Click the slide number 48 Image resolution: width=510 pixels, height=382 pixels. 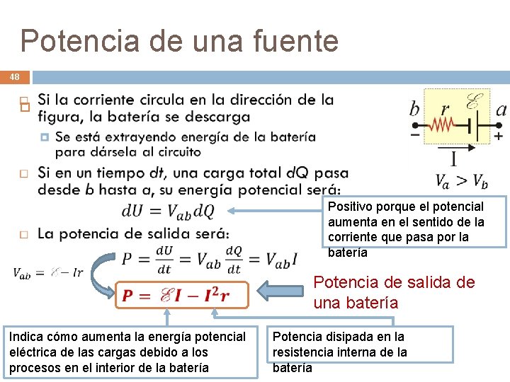pyautogui.click(x=15, y=76)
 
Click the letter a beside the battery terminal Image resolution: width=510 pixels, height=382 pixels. pyautogui.click(x=501, y=110)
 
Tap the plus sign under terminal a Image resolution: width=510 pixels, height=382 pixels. pyautogui.click(x=499, y=134)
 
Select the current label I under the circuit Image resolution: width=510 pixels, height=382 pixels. pyautogui.click(x=453, y=157)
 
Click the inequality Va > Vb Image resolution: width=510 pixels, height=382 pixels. pyautogui.click(x=460, y=181)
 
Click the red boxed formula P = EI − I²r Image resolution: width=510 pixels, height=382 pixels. pyautogui.click(x=182, y=295)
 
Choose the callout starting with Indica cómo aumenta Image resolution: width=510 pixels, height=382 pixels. pyautogui.click(x=130, y=352)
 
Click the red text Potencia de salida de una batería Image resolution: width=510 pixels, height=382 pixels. pyautogui.click(x=394, y=292)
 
